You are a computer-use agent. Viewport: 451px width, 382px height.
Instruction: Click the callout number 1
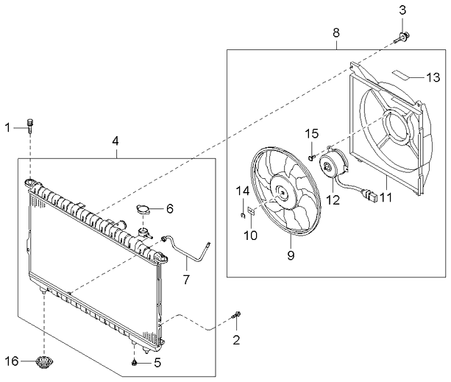click(8, 127)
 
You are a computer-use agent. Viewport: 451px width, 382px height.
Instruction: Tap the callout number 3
click(402, 9)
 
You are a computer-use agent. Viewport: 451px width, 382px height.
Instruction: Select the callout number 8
click(336, 32)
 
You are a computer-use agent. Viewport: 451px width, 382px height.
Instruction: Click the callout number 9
click(290, 255)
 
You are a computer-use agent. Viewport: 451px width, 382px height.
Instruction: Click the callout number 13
click(433, 77)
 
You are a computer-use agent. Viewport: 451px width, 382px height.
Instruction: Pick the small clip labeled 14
click(242, 215)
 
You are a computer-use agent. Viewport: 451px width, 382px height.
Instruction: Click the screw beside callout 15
click(313, 155)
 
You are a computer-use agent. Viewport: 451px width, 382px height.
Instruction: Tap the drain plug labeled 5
click(135, 362)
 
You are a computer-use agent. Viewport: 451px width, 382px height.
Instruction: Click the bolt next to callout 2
click(237, 317)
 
